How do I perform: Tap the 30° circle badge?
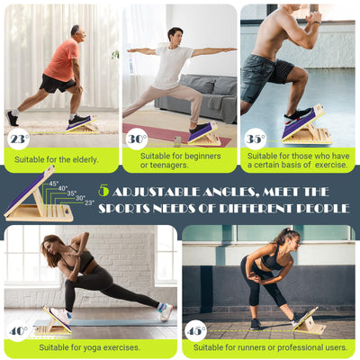[x=136, y=139]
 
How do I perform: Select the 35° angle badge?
[x=255, y=139]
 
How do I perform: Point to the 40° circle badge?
[x=18, y=330]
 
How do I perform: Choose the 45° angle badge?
[x=194, y=330]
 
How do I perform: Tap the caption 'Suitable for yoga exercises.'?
[x=90, y=346]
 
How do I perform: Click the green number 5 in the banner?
[x=103, y=191]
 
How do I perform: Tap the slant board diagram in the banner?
[x=36, y=198]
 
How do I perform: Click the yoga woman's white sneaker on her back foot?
[x=166, y=311]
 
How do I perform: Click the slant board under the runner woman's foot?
[x=308, y=323]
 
